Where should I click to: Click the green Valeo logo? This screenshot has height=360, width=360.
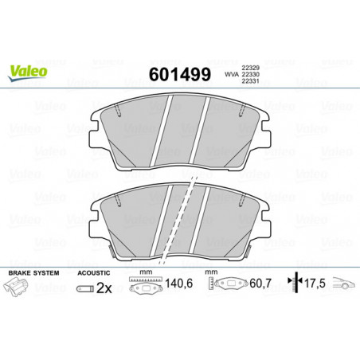[27, 72]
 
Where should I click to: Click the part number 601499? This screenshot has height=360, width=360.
[180, 74]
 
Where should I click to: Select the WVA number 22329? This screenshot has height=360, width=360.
[250, 68]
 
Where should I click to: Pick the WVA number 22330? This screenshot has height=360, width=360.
[250, 75]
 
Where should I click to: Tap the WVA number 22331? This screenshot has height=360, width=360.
[250, 81]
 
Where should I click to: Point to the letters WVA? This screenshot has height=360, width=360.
[232, 75]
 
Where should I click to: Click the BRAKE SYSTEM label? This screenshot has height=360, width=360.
[33, 273]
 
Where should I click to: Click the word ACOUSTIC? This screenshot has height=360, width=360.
[94, 273]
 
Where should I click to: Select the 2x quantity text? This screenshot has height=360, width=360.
[104, 288]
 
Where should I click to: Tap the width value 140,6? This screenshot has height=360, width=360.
[178, 284]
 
